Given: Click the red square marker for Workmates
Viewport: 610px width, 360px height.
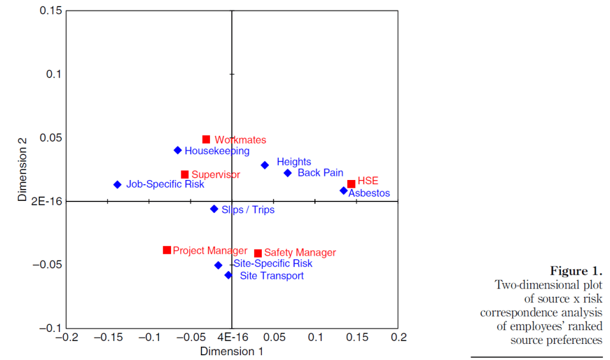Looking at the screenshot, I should coord(206,139).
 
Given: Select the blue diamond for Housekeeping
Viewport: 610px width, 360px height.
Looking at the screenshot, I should coord(178,150).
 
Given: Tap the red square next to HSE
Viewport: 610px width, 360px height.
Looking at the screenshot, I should coord(351,184).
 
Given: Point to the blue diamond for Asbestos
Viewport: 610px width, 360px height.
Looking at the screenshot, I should coord(343,191).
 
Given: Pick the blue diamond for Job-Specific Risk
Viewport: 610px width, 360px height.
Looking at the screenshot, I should coord(117,185).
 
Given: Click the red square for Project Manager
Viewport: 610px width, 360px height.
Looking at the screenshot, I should coord(167,250).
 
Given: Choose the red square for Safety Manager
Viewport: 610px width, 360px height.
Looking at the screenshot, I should coord(258,253).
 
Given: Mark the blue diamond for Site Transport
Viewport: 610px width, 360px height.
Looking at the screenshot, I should coord(228,275).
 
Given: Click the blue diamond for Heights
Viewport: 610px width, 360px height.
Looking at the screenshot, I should coord(265,165).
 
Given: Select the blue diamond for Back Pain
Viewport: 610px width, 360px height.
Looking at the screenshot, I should coord(287,173).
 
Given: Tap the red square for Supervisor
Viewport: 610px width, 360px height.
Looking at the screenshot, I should coord(185,175).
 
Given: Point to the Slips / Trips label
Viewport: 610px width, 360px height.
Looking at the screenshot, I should coord(248,210).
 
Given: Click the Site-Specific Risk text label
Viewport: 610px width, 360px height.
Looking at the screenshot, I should coord(273,263).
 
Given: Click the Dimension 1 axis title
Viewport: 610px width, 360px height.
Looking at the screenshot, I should coord(231,352).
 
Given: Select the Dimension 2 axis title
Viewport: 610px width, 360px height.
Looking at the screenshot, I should coord(23,169).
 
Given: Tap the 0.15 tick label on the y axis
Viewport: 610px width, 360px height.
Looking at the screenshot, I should coord(51,11).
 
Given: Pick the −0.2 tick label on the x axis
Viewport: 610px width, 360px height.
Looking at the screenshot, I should coord(66,337).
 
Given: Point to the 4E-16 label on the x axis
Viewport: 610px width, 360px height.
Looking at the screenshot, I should coord(231,337).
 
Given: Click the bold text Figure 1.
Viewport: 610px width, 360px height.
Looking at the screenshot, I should coord(576,272).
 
